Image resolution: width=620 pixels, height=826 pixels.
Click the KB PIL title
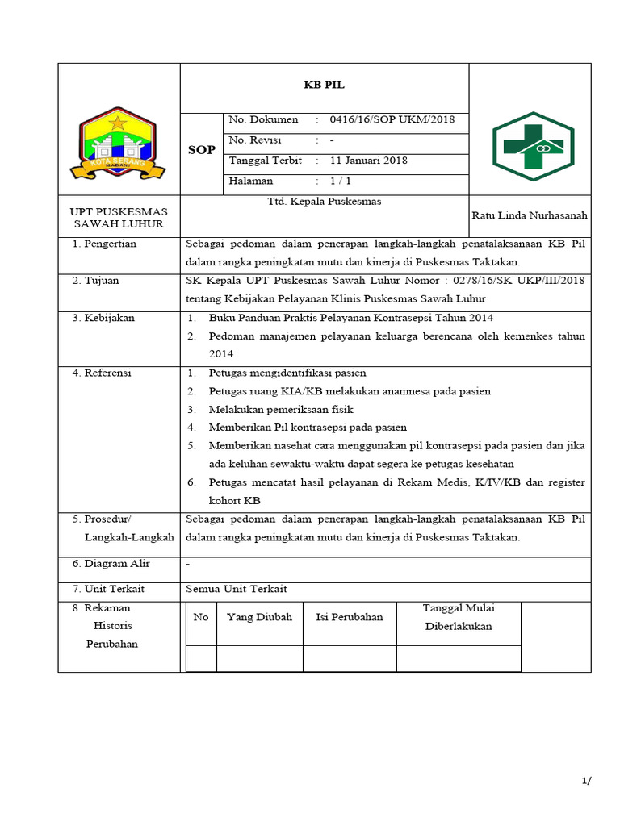coord(324,84)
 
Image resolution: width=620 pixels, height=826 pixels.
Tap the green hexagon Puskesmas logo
coord(534,146)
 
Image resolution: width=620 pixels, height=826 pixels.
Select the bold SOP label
coord(201,150)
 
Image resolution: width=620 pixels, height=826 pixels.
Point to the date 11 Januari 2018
coord(369,160)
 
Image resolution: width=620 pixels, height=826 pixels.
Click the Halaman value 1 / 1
coord(340,181)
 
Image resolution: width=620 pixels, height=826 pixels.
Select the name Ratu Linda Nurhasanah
coord(530,215)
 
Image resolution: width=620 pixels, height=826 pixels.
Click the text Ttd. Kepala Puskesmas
coord(324,202)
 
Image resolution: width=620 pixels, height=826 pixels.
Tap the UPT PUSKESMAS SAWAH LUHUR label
coord(119,217)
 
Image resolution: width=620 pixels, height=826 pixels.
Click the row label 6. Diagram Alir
coord(111,564)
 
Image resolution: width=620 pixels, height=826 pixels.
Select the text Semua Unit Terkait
coord(237,589)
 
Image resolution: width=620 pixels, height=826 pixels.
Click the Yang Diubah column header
coord(259,617)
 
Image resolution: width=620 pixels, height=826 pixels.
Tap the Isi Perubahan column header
coord(349,617)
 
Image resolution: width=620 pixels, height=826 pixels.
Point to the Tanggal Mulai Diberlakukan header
coord(459,617)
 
